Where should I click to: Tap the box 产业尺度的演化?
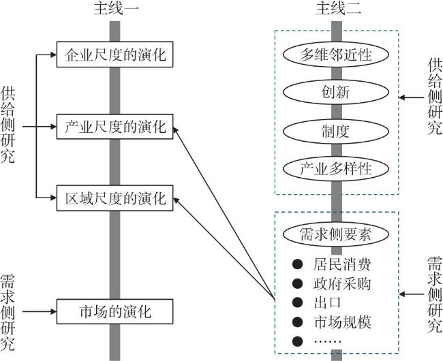pyautogui.click(x=115, y=126)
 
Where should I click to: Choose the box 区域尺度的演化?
pyautogui.click(x=115, y=199)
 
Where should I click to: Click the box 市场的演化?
pyautogui.click(x=115, y=312)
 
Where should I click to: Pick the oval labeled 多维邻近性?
pyautogui.click(x=335, y=54)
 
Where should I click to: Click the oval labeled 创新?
pyautogui.click(x=335, y=92)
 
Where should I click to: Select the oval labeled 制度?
pyautogui.click(x=335, y=131)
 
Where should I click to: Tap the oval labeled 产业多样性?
pyautogui.click(x=335, y=168)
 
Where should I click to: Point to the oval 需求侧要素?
pyautogui.click(x=335, y=234)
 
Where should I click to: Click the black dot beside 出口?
pyautogui.click(x=297, y=302)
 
